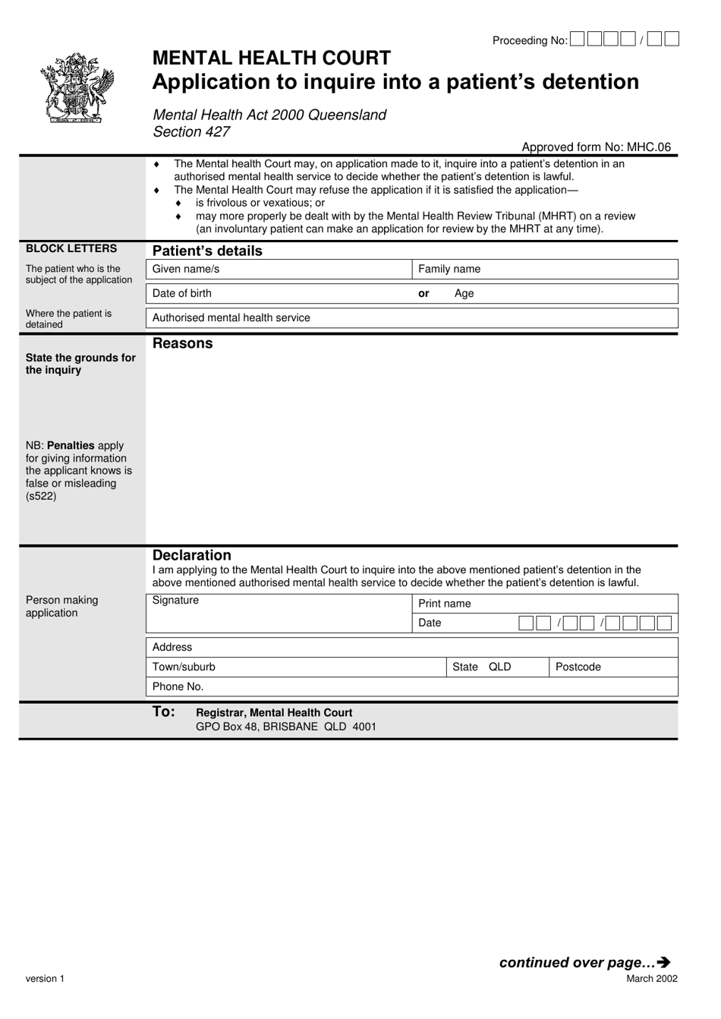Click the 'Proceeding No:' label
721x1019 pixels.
click(529, 41)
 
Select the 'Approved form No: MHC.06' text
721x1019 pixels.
click(596, 147)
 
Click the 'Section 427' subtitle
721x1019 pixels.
click(191, 132)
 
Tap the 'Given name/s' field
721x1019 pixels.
click(278, 270)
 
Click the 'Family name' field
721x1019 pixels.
click(544, 270)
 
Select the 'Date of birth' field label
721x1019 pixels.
click(182, 294)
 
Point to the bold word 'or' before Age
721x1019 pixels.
click(423, 294)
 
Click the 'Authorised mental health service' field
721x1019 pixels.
click(411, 318)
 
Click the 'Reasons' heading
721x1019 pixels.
click(183, 343)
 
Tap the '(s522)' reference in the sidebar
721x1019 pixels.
click(41, 497)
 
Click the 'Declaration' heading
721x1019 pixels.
click(192, 555)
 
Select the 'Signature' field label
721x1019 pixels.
click(175, 601)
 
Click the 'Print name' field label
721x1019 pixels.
click(445, 604)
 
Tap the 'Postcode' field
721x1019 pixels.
click(612, 667)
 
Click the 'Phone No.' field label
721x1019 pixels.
click(178, 686)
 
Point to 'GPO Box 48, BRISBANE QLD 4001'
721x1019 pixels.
click(285, 727)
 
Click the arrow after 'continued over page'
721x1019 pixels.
click(664, 963)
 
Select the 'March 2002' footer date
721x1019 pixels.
click(651, 979)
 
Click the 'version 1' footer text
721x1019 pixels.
click(45, 979)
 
